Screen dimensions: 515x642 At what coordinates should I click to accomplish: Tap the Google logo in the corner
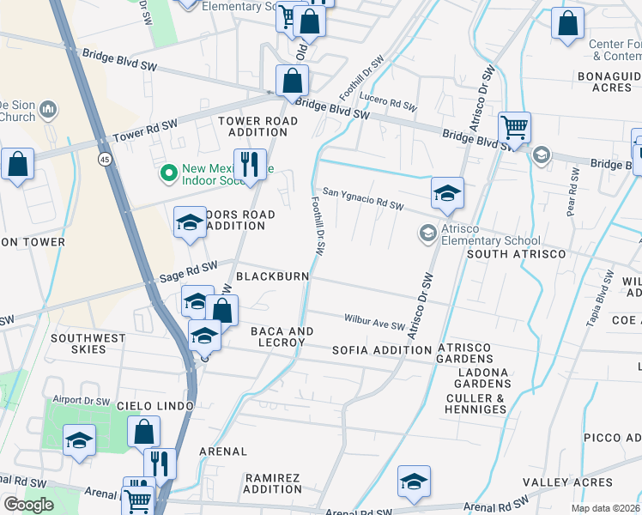(28, 505)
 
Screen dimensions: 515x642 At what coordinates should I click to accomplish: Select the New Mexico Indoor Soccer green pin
(168, 174)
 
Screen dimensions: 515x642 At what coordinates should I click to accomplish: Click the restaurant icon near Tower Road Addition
(249, 163)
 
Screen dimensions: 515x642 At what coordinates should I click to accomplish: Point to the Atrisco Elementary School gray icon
(427, 233)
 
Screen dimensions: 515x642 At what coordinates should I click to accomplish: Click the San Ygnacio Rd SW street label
(362, 198)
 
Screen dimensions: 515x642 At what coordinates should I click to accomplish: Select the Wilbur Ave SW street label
(373, 321)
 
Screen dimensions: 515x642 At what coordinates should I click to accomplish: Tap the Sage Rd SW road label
(188, 272)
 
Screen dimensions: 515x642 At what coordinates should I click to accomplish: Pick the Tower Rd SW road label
(145, 130)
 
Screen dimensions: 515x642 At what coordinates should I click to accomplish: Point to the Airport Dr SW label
(82, 401)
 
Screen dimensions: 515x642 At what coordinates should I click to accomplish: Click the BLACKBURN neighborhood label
(271, 276)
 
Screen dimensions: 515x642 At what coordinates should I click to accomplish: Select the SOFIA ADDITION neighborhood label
(381, 350)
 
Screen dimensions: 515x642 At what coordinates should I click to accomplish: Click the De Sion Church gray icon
(48, 110)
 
